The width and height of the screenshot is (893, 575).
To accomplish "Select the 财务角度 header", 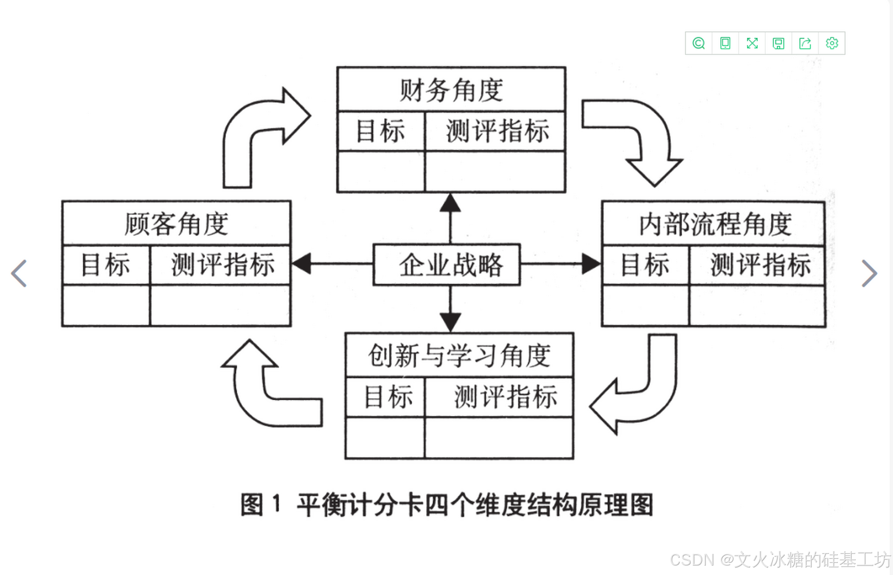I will [451, 89].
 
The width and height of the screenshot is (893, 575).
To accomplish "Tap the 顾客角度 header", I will [176, 223].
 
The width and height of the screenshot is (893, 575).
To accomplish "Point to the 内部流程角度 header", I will [713, 224].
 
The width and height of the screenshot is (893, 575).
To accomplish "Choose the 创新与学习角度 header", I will [459, 355].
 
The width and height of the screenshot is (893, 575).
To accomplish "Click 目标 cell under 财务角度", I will [380, 131].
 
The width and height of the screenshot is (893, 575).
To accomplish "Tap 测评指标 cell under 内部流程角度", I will [760, 265].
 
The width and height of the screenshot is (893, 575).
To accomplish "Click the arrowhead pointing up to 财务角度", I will [450, 203].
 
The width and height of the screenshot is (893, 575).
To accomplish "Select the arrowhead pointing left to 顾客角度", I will [302, 264].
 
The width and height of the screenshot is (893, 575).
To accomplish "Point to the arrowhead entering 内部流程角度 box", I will [590, 264].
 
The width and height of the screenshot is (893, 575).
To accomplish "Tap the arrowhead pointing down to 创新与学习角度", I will [450, 322].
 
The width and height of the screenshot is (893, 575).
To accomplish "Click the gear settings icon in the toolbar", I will [831, 43].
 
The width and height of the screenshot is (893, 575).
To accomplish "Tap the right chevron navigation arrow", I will [869, 273].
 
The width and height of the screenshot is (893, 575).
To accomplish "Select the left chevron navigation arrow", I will [19, 273].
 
